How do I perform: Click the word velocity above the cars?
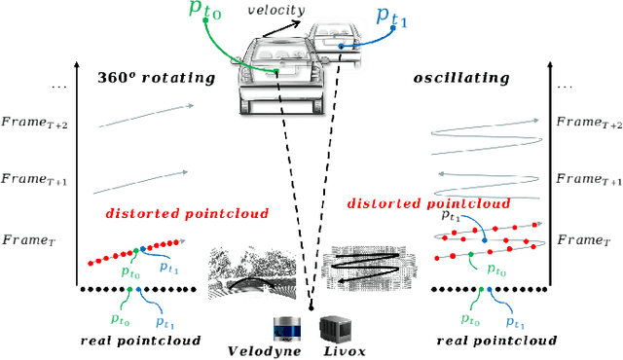[x=276, y=10]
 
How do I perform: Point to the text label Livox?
[x=345, y=350]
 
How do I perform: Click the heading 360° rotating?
[x=156, y=78]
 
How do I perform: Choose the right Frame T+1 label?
[x=587, y=179]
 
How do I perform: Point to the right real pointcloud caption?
[x=496, y=341]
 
